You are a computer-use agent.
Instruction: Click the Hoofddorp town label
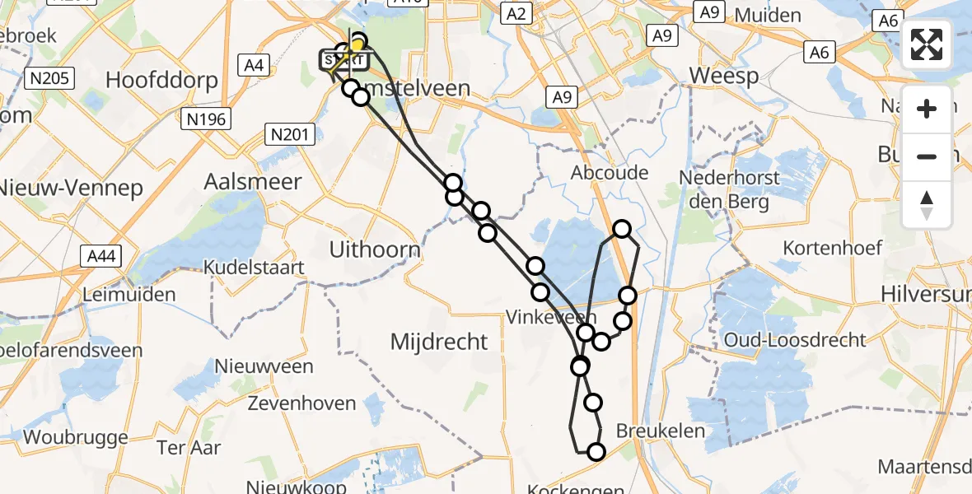click(162, 81)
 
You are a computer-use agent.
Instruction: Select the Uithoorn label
click(375, 249)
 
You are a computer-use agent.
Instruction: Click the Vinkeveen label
click(540, 317)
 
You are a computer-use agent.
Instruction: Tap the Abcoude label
click(610, 173)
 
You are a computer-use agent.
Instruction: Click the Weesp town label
click(722, 74)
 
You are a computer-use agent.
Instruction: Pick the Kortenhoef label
click(833, 247)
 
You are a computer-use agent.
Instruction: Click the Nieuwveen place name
click(264, 366)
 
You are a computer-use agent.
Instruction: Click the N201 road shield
click(288, 133)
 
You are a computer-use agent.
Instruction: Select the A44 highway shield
click(103, 257)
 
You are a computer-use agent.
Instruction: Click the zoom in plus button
click(927, 109)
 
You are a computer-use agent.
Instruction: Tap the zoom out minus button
click(927, 156)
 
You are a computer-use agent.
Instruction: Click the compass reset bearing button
click(927, 204)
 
